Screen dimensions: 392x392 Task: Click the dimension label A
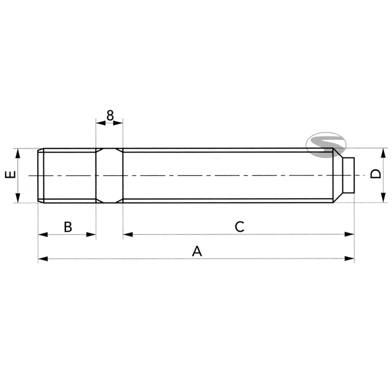click(197, 251)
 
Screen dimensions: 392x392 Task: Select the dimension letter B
click(68, 227)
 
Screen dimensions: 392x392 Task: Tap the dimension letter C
click(239, 227)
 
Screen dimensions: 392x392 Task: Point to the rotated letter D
click(376, 174)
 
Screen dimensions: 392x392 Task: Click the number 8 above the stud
click(110, 115)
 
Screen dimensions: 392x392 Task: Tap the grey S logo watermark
click(326, 145)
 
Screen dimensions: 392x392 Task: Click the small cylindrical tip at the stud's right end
click(349, 175)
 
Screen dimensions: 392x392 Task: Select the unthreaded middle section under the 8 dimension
click(109, 175)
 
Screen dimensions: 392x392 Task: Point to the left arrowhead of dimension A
click(43, 259)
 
